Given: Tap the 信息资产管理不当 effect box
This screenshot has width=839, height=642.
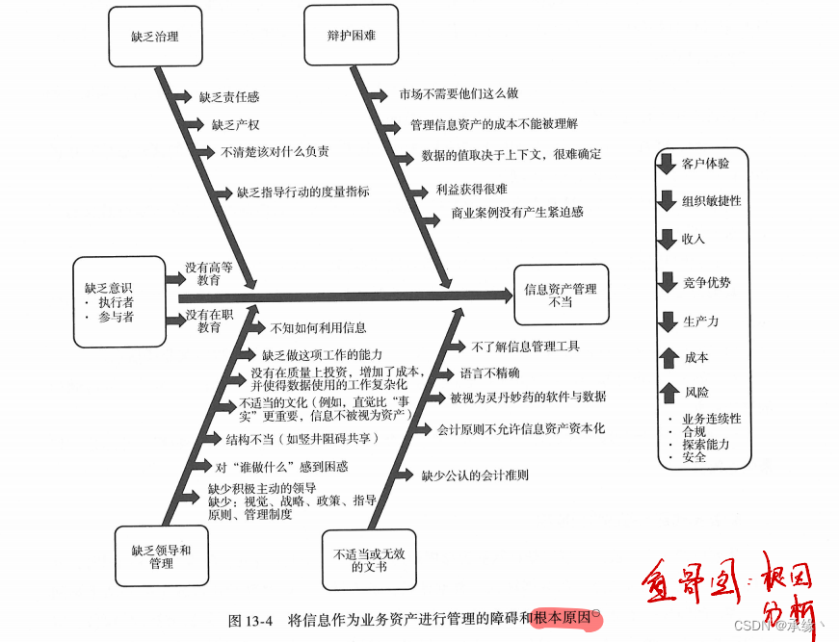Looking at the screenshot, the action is click(560, 295).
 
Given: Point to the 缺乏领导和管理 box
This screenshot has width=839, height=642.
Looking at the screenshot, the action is click(161, 556).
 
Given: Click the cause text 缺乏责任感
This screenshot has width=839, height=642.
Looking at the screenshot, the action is click(228, 97).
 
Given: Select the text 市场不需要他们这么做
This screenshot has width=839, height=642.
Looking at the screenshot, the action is click(459, 94).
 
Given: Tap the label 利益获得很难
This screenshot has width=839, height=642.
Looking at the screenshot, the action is click(471, 190).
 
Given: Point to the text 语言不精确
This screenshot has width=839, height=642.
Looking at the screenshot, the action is click(489, 373).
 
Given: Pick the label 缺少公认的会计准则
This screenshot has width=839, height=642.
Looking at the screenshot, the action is click(474, 475).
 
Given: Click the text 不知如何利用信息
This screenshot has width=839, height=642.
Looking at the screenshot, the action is click(318, 328).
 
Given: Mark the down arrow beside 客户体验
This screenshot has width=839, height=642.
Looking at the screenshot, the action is click(667, 163).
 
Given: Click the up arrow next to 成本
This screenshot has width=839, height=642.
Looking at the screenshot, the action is click(667, 358).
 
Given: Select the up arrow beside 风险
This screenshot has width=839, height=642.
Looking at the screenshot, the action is click(667, 393).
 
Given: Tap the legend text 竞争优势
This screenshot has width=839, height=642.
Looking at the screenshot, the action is click(706, 283).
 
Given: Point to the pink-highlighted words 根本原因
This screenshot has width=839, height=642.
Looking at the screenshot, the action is click(564, 620).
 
